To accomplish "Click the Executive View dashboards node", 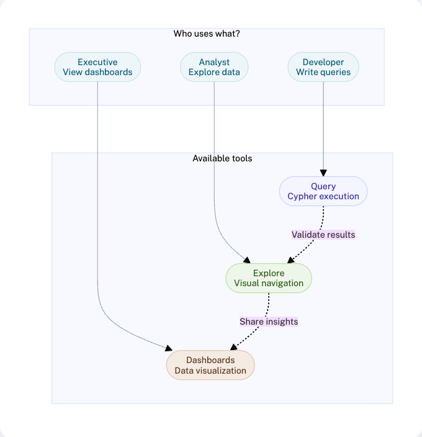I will (97, 67).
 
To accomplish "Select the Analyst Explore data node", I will (214, 67).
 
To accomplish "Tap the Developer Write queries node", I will (323, 67).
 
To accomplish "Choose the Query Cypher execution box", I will (323, 191).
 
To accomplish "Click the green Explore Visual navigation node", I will (269, 278).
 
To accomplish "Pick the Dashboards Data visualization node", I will (210, 365).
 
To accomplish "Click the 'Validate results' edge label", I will (323, 235).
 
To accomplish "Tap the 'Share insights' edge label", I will (269, 322).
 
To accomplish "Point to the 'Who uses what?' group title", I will (207, 34).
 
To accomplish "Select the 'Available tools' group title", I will (222, 158).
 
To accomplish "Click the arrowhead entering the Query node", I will (323, 173).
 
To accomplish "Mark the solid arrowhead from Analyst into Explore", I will (246, 260).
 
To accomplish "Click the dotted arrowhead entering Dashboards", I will (233, 347).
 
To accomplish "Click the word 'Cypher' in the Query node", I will (303, 196).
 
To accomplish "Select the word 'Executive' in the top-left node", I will (97, 62).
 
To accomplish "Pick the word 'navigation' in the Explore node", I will (282, 283).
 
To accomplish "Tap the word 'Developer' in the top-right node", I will (323, 62).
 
